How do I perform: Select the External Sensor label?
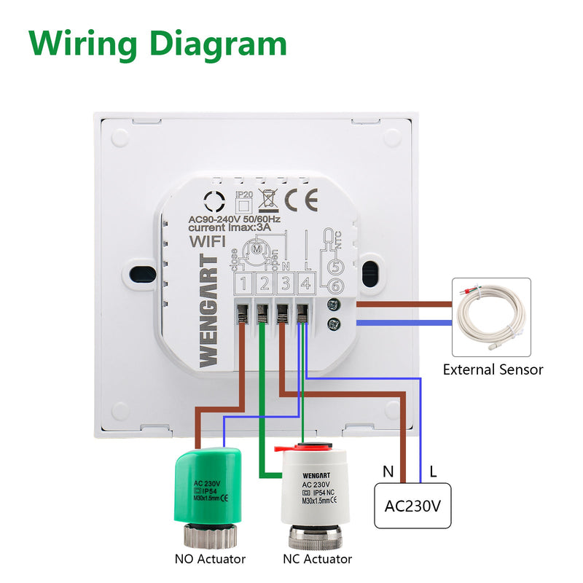(x=493, y=369)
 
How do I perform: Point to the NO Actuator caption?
(x=210, y=559)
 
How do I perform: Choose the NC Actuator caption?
(x=317, y=559)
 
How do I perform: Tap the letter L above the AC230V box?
(x=433, y=472)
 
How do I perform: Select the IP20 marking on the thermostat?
(x=243, y=195)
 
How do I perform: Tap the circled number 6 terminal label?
(x=336, y=286)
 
